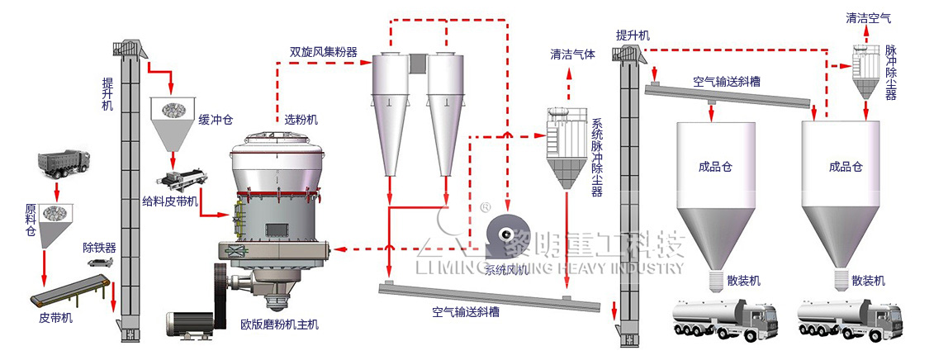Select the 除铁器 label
tap(98, 247)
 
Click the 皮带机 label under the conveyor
tap(56, 318)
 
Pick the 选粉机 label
tap(300, 120)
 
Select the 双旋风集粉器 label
tap(323, 52)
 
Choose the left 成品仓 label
tap(716, 166)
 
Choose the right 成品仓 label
tap(846, 166)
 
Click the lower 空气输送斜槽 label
tap(465, 313)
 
